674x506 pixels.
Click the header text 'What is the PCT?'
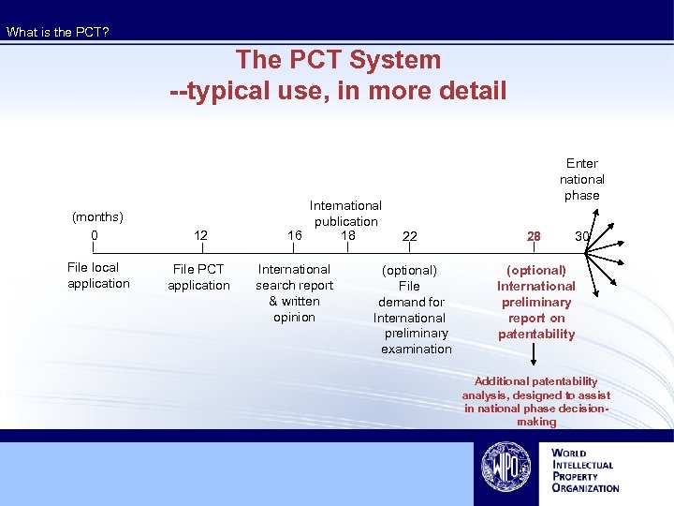[x=58, y=32]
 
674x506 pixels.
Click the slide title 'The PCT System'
[x=338, y=60]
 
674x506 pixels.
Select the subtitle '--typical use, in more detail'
[x=338, y=90]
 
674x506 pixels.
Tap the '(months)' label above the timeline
[x=98, y=217]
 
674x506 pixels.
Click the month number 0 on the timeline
[x=95, y=234]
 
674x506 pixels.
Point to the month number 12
[x=199, y=235]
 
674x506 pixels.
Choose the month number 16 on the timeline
[x=295, y=235]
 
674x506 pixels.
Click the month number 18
[x=348, y=235]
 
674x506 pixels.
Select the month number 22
[x=409, y=236]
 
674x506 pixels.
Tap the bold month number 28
[x=534, y=236]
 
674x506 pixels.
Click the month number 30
[x=582, y=236]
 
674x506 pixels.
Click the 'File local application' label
[x=98, y=275]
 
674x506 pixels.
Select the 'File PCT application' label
[x=198, y=277]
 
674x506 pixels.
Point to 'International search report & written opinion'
[x=294, y=293]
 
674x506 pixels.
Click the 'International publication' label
[x=345, y=213]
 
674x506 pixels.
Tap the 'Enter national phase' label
[x=582, y=179]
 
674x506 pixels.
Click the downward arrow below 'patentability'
[x=535, y=355]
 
